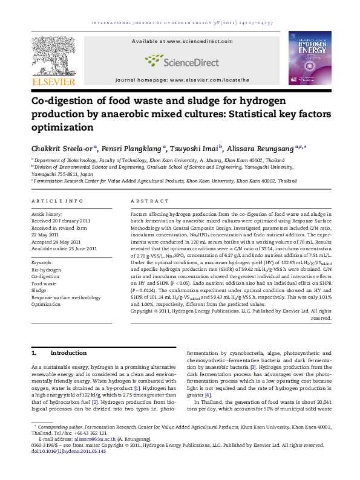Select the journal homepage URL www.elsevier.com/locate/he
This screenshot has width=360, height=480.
pyautogui.click(x=209, y=80)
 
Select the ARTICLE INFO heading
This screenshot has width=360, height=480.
pyautogui.click(x=57, y=201)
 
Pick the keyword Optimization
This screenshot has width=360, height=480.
pyautogui.click(x=47, y=305)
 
